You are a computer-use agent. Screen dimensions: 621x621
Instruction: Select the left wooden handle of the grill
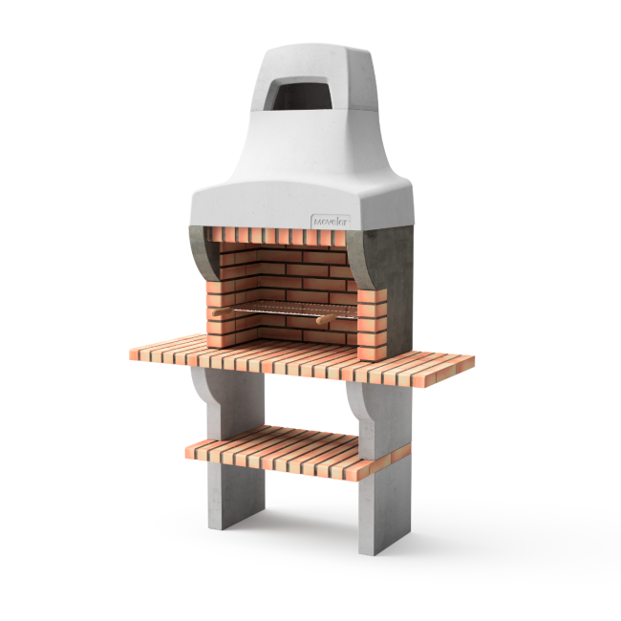tap(222, 311)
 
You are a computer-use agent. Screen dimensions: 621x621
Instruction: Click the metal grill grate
tap(287, 309)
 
